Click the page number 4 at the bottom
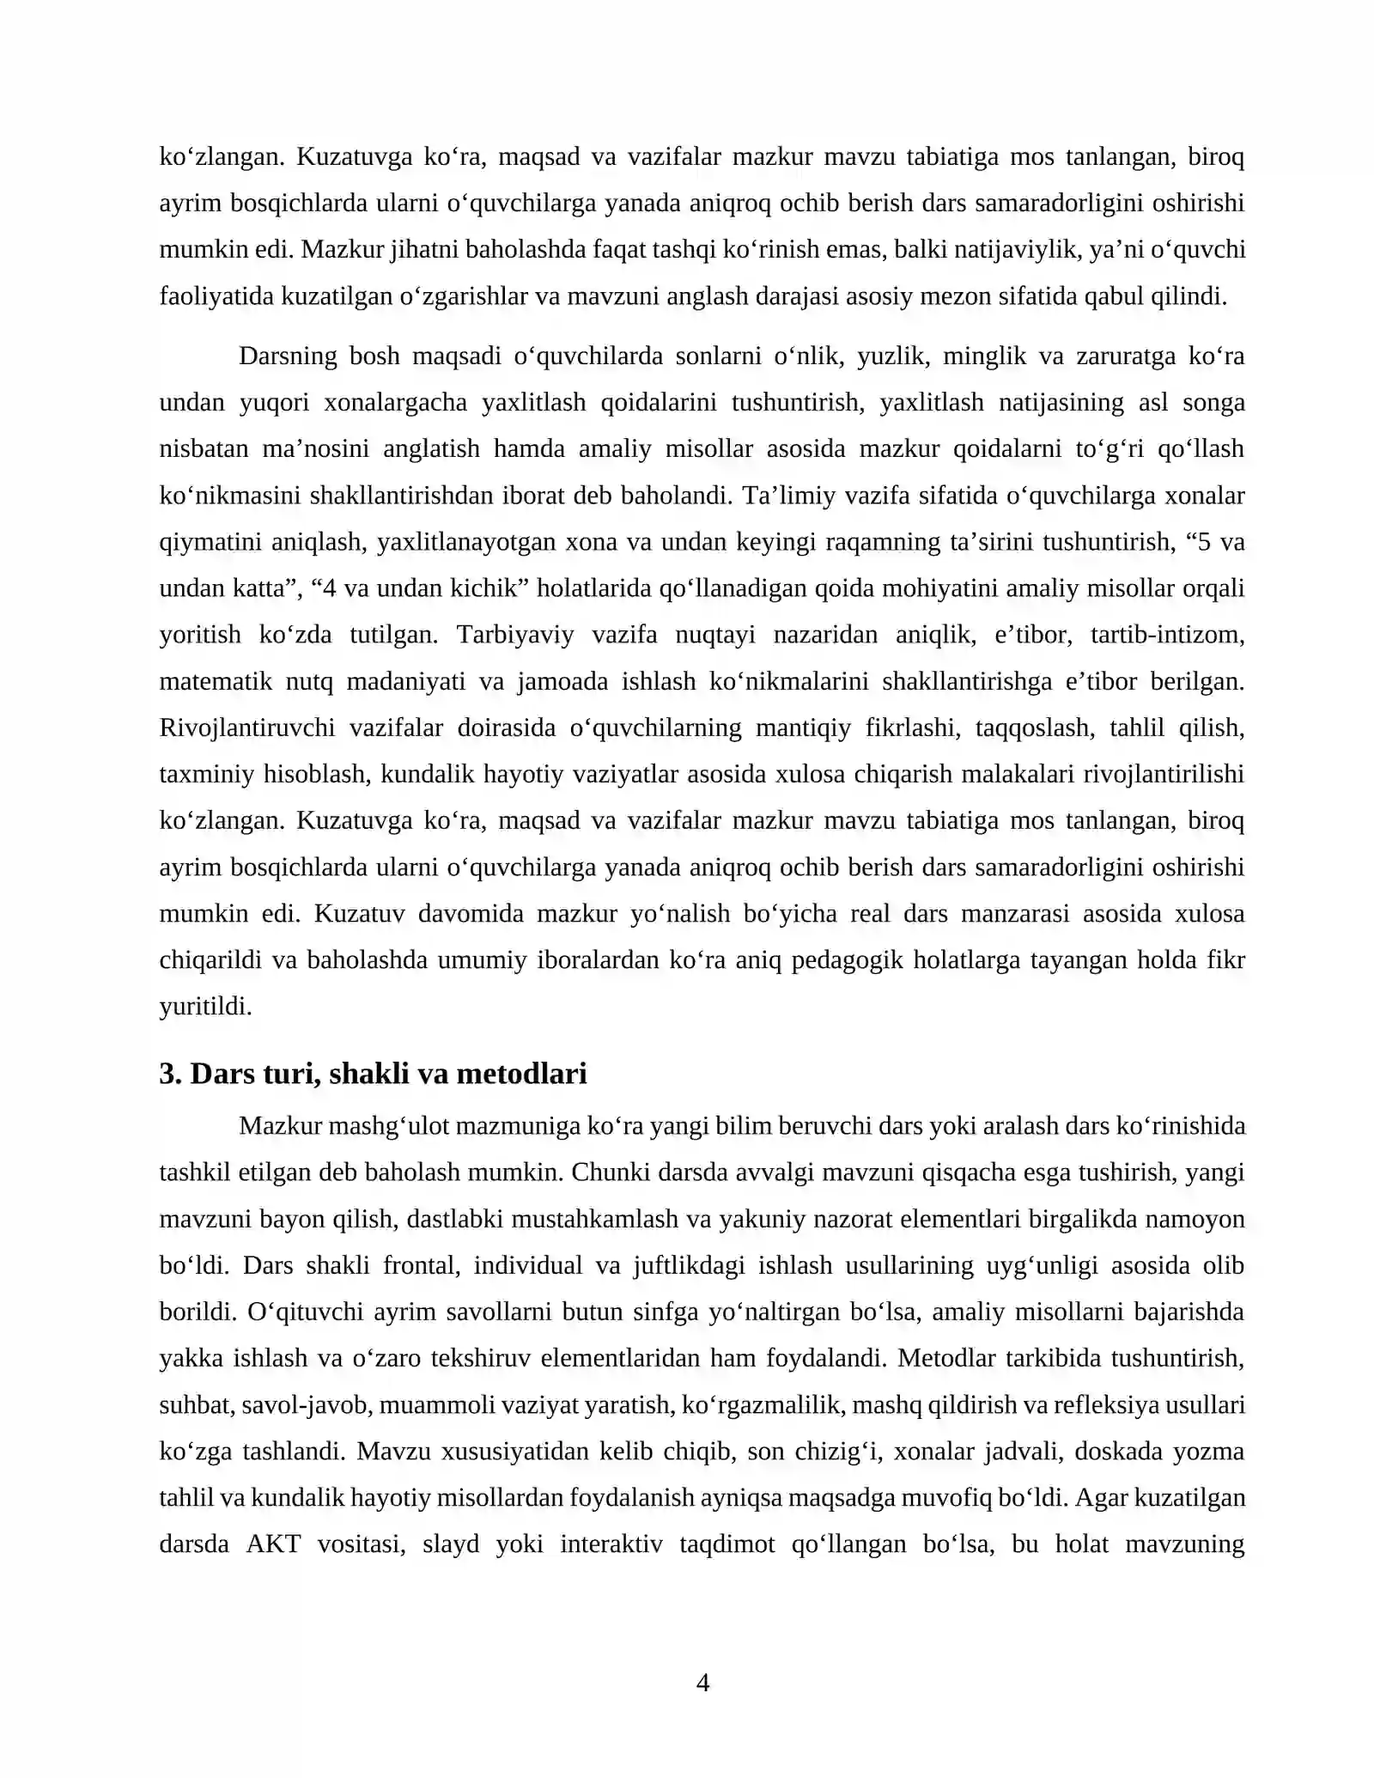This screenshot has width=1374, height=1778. point(702,1683)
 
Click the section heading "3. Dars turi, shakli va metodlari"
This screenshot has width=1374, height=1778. point(373,1074)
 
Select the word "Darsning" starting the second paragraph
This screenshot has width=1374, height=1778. point(288,356)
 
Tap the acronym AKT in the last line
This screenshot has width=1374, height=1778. point(273,1544)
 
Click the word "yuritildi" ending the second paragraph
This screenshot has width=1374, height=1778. point(205,1006)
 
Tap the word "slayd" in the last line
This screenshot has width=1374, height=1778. point(450,1544)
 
